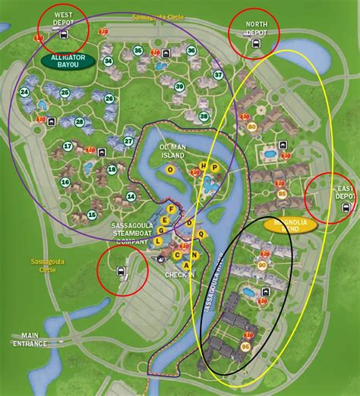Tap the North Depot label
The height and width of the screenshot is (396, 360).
(x=256, y=29)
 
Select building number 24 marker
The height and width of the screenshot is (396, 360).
(x=24, y=93)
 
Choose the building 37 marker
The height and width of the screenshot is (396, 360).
(x=218, y=74)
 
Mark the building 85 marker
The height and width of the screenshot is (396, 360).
(x=283, y=195)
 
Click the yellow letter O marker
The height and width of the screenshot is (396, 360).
(x=171, y=170)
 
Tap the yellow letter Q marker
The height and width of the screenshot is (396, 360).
(x=201, y=234)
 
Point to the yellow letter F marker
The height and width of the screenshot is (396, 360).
(x=173, y=208)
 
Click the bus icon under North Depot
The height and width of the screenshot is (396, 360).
(x=254, y=42)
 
